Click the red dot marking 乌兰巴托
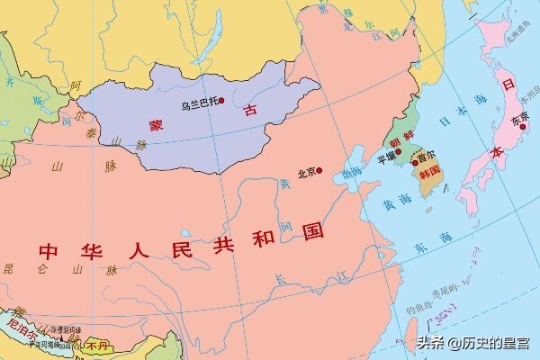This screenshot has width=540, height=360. tap(220, 102)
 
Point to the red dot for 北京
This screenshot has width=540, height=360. tap(319, 170)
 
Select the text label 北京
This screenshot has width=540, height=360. tap(306, 172)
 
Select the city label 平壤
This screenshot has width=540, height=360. tap(384, 157)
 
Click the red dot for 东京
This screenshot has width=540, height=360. tap(522, 126)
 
